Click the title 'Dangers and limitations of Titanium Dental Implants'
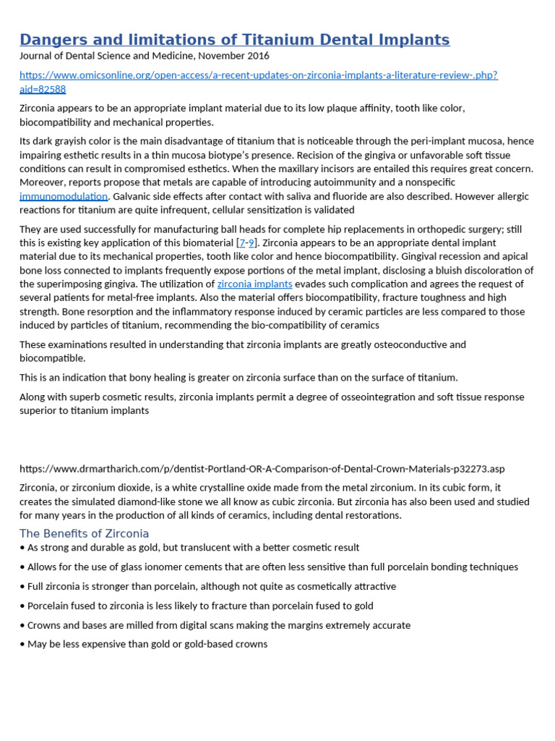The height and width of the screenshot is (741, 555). click(234, 40)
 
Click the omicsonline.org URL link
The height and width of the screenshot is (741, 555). click(258, 75)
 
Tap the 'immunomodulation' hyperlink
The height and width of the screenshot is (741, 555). click(64, 197)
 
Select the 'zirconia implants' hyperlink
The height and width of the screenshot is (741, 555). click(254, 284)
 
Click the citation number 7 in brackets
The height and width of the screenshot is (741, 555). click(241, 242)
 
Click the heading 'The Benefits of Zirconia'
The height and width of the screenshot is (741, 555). click(84, 534)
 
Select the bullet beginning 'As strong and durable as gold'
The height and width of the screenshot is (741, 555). click(193, 548)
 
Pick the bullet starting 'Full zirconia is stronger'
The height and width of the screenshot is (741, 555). click(211, 587)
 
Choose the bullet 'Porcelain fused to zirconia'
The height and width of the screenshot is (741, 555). click(199, 606)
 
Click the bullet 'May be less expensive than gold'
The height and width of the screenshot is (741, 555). click(147, 644)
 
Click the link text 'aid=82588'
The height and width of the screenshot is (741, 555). click(43, 89)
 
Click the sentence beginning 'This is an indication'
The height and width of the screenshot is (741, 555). click(238, 377)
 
